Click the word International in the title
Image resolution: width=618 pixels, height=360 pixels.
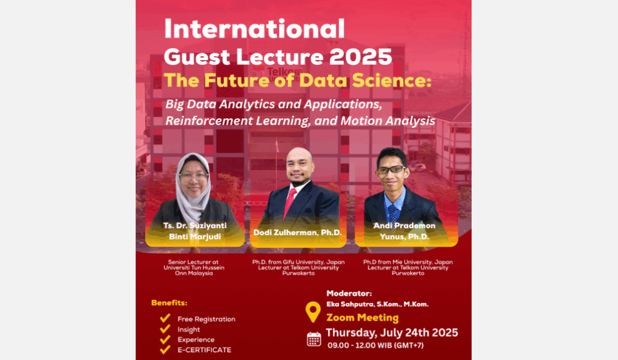(254, 29)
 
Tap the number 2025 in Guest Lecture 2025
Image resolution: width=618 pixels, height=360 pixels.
(361, 57)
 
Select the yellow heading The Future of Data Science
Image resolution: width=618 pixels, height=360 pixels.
(298, 80)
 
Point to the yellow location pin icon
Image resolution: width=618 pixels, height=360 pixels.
(313, 312)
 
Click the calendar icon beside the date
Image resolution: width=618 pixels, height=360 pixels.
(314, 339)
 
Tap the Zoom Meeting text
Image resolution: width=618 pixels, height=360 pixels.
(362, 317)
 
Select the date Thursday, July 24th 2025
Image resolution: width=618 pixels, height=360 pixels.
(392, 333)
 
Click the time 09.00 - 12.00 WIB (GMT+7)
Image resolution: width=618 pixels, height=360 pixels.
(376, 346)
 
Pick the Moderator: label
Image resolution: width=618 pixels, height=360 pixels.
(349, 293)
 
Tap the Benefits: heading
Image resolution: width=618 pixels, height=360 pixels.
(169, 303)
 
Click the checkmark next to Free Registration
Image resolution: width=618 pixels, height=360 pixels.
(165, 318)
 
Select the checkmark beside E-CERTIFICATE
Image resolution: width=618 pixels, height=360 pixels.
(165, 349)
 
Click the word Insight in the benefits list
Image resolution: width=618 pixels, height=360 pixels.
(189, 329)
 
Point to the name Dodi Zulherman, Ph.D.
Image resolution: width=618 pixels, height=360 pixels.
(298, 233)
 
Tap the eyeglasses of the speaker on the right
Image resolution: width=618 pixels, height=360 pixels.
(391, 170)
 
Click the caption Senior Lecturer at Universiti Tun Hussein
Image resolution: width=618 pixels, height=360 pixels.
(194, 265)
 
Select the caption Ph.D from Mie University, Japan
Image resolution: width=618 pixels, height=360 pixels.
(408, 262)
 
